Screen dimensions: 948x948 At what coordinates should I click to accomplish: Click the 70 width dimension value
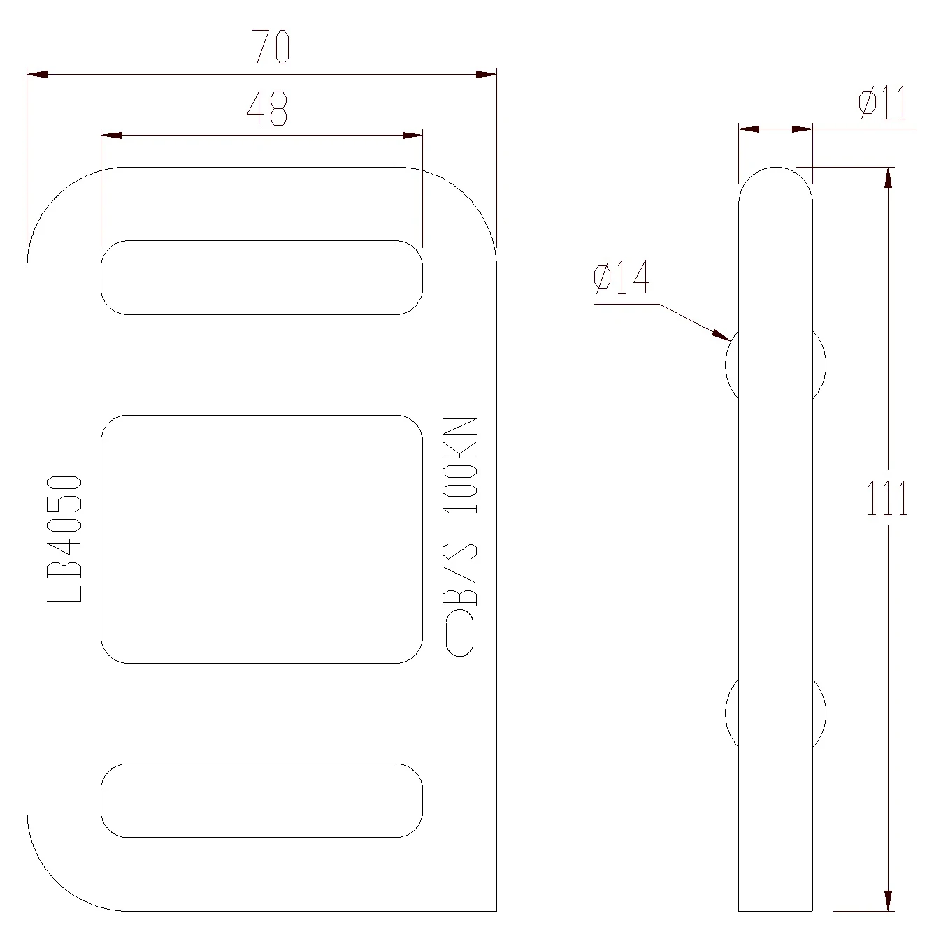[271, 47]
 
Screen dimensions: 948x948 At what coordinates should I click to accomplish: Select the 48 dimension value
[266, 108]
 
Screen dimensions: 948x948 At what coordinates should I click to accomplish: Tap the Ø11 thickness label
[882, 103]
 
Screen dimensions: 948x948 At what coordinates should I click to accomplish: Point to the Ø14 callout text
[622, 277]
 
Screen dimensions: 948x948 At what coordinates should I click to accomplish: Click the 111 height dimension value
[887, 497]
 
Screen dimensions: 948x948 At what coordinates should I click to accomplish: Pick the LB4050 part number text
[64, 539]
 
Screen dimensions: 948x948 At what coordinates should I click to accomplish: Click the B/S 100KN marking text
[460, 511]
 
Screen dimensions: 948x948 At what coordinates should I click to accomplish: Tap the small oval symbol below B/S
[459, 634]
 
